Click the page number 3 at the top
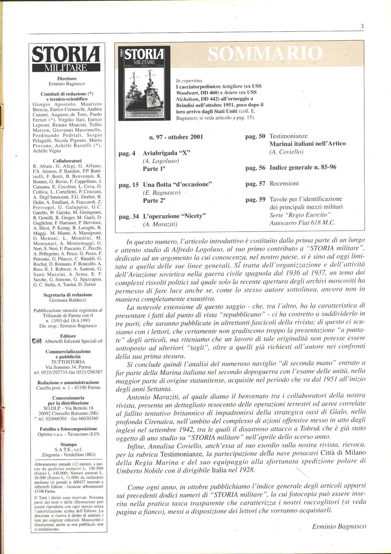click(362, 26)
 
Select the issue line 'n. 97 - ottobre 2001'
click(176, 137)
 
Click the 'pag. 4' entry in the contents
click(127, 153)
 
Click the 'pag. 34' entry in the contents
click(128, 216)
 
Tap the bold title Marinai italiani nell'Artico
click(308, 144)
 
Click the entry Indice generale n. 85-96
click(303, 167)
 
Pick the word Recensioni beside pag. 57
click(284, 184)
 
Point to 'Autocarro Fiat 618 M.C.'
click(302, 222)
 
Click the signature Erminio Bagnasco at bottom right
click(339, 526)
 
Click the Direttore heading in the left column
click(67, 79)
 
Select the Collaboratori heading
click(67, 161)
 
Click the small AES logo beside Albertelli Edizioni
click(37, 341)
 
